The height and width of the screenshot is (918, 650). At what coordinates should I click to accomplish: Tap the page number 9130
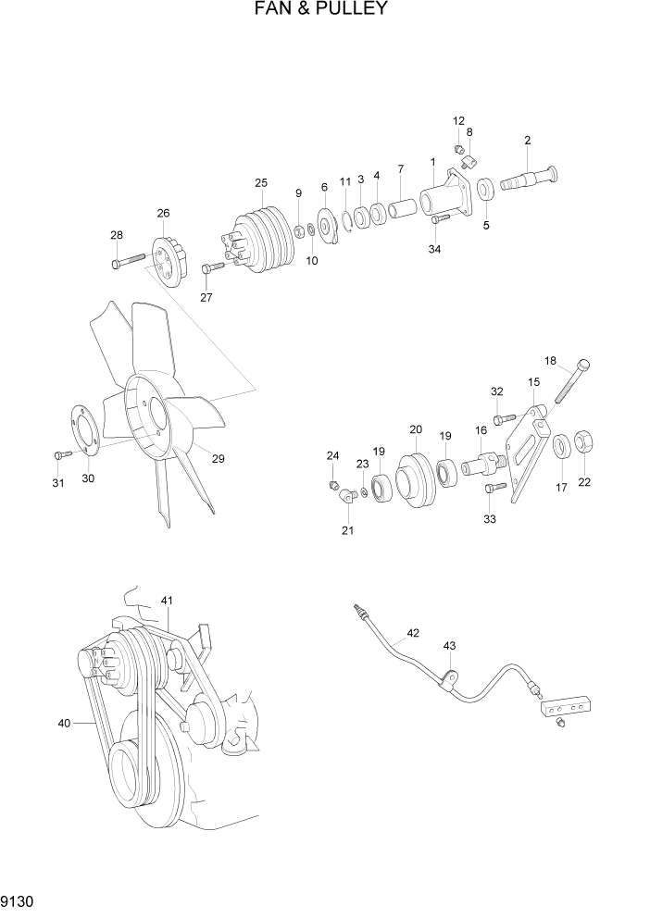tap(19, 901)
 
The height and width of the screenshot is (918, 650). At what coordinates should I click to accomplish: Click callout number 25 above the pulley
tap(261, 182)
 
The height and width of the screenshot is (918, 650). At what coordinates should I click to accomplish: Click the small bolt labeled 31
tap(61, 454)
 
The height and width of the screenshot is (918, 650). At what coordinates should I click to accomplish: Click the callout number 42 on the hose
tap(413, 634)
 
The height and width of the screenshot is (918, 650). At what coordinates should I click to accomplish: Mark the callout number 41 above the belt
tap(167, 601)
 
